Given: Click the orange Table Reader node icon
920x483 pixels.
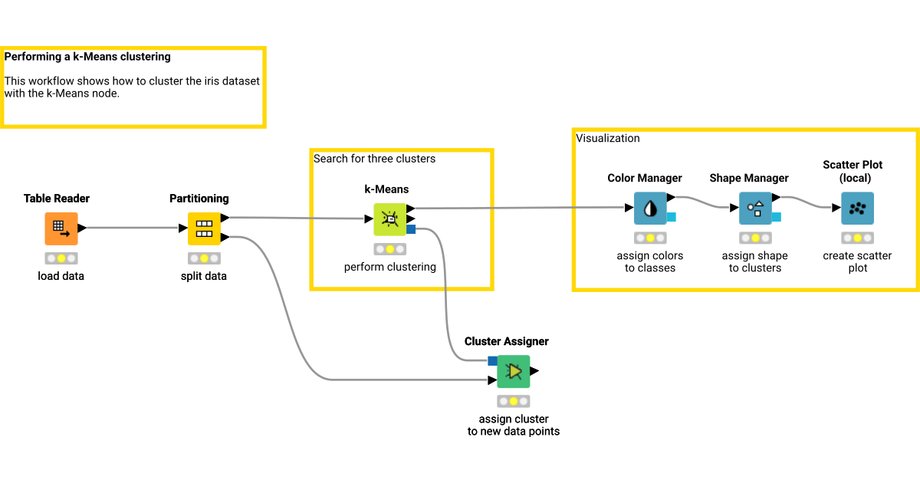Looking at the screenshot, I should [x=61, y=228].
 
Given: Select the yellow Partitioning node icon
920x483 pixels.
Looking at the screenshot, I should [x=204, y=228].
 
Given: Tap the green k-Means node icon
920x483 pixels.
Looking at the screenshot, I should [x=389, y=219].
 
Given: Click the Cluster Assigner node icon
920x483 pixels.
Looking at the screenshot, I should [x=513, y=371].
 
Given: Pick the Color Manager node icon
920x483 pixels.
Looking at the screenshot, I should [x=650, y=208].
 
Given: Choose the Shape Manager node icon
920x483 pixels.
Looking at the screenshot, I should [x=755, y=208].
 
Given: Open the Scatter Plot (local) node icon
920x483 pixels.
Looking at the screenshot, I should [x=857, y=208].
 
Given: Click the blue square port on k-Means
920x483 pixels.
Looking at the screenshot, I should [x=411, y=229].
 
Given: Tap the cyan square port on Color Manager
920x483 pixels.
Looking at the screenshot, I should [x=671, y=217].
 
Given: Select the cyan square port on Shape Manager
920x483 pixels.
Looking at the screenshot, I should [x=776, y=217].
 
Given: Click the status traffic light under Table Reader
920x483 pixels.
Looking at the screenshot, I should [x=61, y=258].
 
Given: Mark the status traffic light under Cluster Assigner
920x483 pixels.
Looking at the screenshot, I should [x=513, y=401].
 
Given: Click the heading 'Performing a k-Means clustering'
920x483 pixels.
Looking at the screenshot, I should [x=87, y=57].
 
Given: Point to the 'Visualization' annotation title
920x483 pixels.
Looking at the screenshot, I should [x=607, y=138].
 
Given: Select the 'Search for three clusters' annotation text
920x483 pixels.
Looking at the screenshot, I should [x=374, y=159].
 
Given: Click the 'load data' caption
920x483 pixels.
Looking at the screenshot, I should [x=61, y=276].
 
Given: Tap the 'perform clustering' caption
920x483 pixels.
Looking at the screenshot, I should [x=389, y=268].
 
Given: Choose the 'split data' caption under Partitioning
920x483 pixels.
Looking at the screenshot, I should [x=204, y=276].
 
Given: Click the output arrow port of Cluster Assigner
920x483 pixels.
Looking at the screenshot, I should [x=534, y=371].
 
